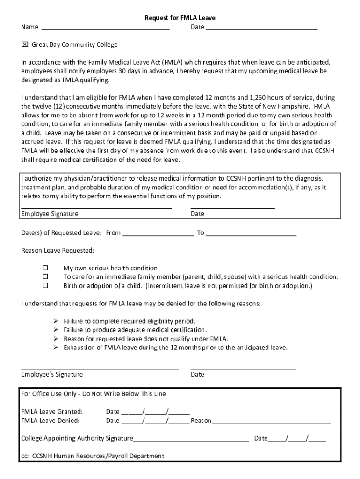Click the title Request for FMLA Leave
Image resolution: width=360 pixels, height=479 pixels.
point(180,18)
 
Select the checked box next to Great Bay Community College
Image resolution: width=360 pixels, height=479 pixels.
point(25,45)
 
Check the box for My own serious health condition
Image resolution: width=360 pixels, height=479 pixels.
point(45,269)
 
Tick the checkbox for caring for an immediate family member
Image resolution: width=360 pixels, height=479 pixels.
point(45,277)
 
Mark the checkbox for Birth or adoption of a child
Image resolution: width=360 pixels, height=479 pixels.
point(45,285)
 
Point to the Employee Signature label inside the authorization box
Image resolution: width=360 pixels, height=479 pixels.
point(50,214)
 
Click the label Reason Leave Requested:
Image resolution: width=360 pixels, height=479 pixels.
point(58,251)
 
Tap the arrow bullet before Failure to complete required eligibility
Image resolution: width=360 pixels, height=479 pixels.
point(55,321)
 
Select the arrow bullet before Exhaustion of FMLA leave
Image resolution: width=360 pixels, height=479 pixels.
point(55,348)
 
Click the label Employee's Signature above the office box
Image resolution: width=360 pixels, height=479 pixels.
point(52,374)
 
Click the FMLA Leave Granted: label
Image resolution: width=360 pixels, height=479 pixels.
point(52,412)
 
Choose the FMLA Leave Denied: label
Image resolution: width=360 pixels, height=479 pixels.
point(50,421)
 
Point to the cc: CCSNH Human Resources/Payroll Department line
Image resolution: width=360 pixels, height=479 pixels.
point(93,456)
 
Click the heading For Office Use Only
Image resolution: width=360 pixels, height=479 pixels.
point(94,394)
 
